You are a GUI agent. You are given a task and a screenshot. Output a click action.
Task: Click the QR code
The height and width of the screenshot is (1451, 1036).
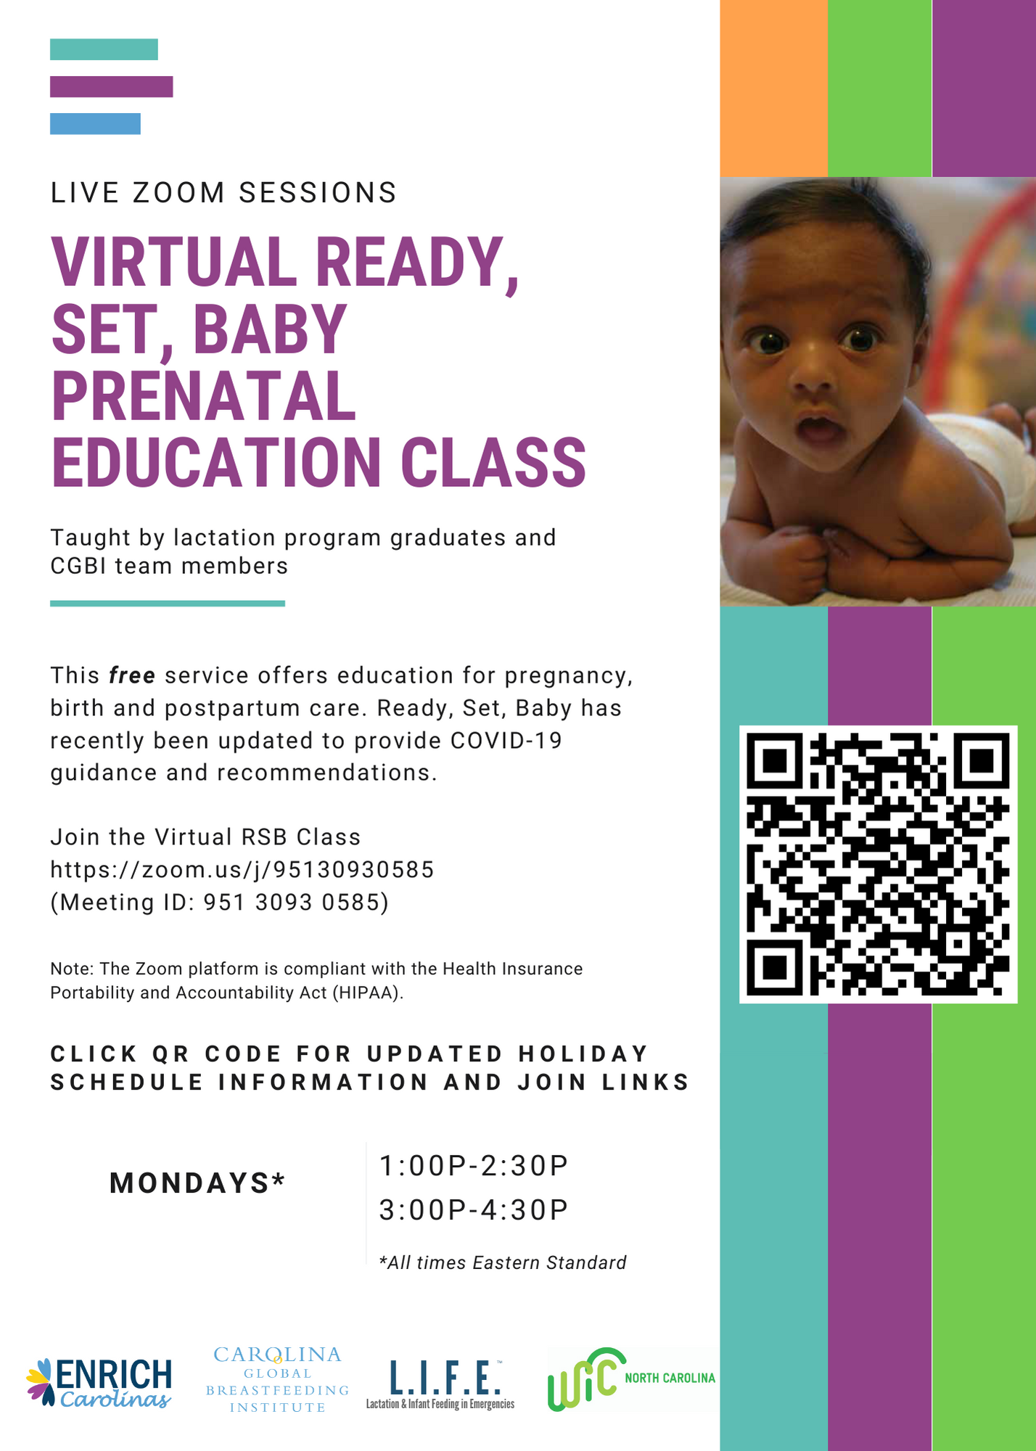(x=878, y=864)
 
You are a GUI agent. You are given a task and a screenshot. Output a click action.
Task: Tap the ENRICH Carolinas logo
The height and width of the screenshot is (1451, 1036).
(x=99, y=1383)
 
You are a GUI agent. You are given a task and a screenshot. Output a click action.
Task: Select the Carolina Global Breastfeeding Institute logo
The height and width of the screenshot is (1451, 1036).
(x=278, y=1380)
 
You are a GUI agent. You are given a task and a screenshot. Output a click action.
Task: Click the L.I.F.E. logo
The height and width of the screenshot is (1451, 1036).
(x=440, y=1385)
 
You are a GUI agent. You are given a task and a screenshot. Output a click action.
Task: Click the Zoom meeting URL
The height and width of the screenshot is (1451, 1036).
(x=242, y=869)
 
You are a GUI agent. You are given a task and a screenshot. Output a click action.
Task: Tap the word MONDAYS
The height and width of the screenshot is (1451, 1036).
(x=190, y=1183)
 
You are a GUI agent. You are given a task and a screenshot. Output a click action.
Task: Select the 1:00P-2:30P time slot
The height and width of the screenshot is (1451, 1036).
(x=474, y=1165)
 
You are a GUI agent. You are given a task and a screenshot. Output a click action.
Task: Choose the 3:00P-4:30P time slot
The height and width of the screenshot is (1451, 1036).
(x=474, y=1209)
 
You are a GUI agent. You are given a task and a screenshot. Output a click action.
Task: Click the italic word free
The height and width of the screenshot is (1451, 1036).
(x=132, y=675)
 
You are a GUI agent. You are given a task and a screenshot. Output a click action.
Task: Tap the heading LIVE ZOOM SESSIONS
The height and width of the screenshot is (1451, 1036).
(x=223, y=193)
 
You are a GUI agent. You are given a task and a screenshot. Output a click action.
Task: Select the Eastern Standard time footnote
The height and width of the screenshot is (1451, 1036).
(x=503, y=1263)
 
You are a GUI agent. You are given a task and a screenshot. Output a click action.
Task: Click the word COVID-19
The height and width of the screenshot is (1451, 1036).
(x=506, y=741)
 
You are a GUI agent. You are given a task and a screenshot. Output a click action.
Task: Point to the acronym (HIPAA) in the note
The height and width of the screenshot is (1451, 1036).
(x=368, y=992)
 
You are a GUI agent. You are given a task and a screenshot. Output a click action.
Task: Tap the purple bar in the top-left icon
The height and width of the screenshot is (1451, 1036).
(x=111, y=86)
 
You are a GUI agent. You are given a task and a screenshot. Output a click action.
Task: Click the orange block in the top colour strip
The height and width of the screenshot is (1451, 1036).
(x=773, y=88)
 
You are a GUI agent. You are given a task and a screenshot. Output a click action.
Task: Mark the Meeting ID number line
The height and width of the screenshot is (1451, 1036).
(x=220, y=902)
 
